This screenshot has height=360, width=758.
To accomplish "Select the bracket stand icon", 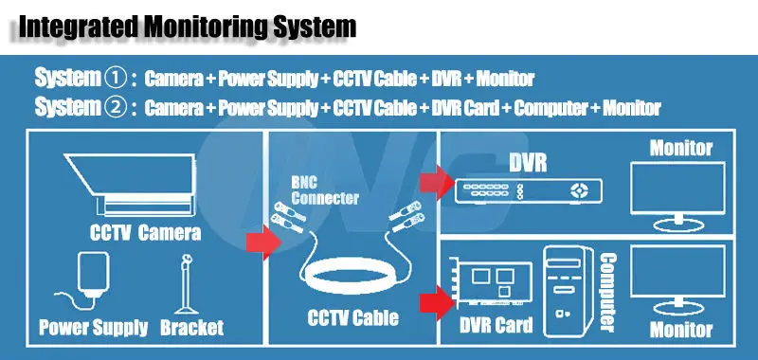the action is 187,285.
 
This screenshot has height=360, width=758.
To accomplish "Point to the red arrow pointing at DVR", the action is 437,182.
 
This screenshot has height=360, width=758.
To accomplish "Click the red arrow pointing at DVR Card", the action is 437,303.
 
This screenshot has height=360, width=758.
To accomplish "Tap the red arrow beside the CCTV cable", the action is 263,243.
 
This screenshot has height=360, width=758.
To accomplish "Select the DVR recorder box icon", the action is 529,190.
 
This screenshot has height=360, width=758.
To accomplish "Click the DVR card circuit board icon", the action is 491,283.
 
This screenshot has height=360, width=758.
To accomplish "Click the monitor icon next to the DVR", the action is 677,196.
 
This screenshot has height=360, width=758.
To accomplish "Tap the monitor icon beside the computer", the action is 677,280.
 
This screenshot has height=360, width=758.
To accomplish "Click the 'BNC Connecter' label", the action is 325,190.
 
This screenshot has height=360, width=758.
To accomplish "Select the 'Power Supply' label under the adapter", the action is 93,327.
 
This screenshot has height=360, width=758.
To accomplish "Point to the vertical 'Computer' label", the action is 608,293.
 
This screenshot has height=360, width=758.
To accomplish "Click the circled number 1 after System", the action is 115,78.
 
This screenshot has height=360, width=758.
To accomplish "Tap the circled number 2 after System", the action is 115,107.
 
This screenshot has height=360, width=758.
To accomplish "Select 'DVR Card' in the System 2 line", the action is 464,108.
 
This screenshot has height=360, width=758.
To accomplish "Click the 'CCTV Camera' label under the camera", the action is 145,232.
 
